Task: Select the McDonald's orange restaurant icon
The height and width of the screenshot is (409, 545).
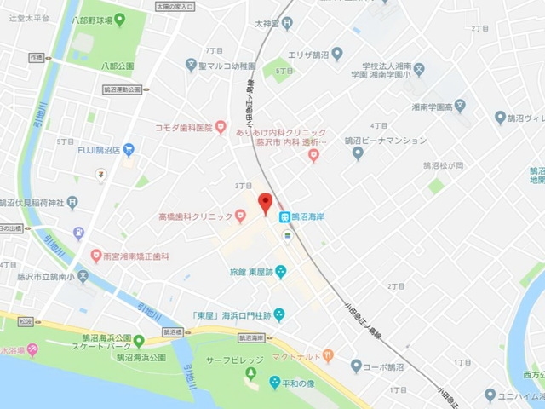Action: (x=329, y=356)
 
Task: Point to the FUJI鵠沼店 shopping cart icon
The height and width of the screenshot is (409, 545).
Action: (x=129, y=150)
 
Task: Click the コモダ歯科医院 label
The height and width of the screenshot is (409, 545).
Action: (x=182, y=128)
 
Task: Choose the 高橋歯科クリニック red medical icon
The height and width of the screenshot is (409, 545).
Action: (x=241, y=217)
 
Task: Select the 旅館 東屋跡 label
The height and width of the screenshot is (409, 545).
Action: (x=250, y=272)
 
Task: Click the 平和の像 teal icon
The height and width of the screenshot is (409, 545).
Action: (x=274, y=383)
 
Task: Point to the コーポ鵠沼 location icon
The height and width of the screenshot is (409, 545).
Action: (x=356, y=366)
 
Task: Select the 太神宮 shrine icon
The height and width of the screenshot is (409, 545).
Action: (x=287, y=24)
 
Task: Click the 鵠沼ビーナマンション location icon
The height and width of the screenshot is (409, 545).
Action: (x=358, y=153)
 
